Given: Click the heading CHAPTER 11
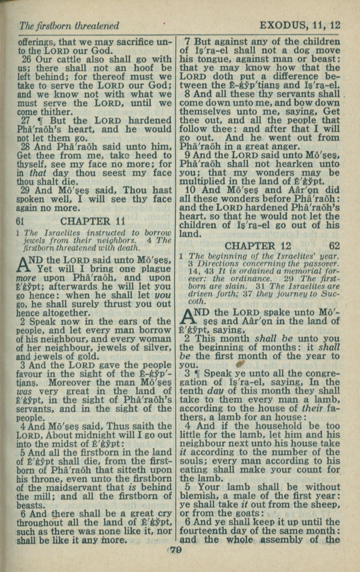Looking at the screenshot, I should pyautogui.click(x=93, y=221).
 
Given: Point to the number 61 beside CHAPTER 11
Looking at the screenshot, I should pyautogui.click(x=20, y=222).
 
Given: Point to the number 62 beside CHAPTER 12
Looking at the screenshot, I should pyautogui.click(x=334, y=246).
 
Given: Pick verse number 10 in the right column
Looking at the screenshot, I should pyautogui.click(x=190, y=190).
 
